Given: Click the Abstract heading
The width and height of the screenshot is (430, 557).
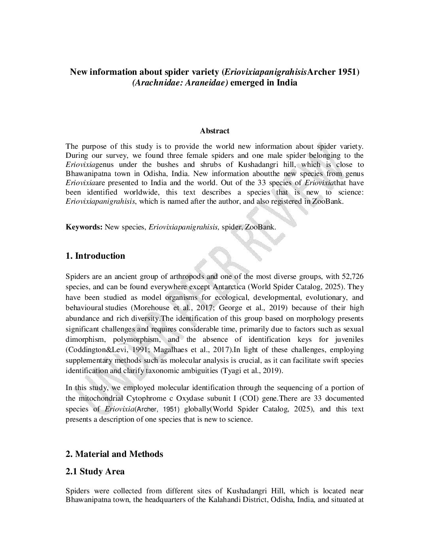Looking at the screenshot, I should (x=215, y=131).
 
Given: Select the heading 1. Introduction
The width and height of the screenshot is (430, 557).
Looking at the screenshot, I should (x=95, y=256).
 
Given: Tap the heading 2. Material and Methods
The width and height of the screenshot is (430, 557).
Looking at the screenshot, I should (x=114, y=454).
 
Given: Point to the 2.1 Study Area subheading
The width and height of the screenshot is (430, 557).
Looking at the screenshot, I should (x=95, y=472).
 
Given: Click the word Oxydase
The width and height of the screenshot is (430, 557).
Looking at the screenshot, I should (x=187, y=398).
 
